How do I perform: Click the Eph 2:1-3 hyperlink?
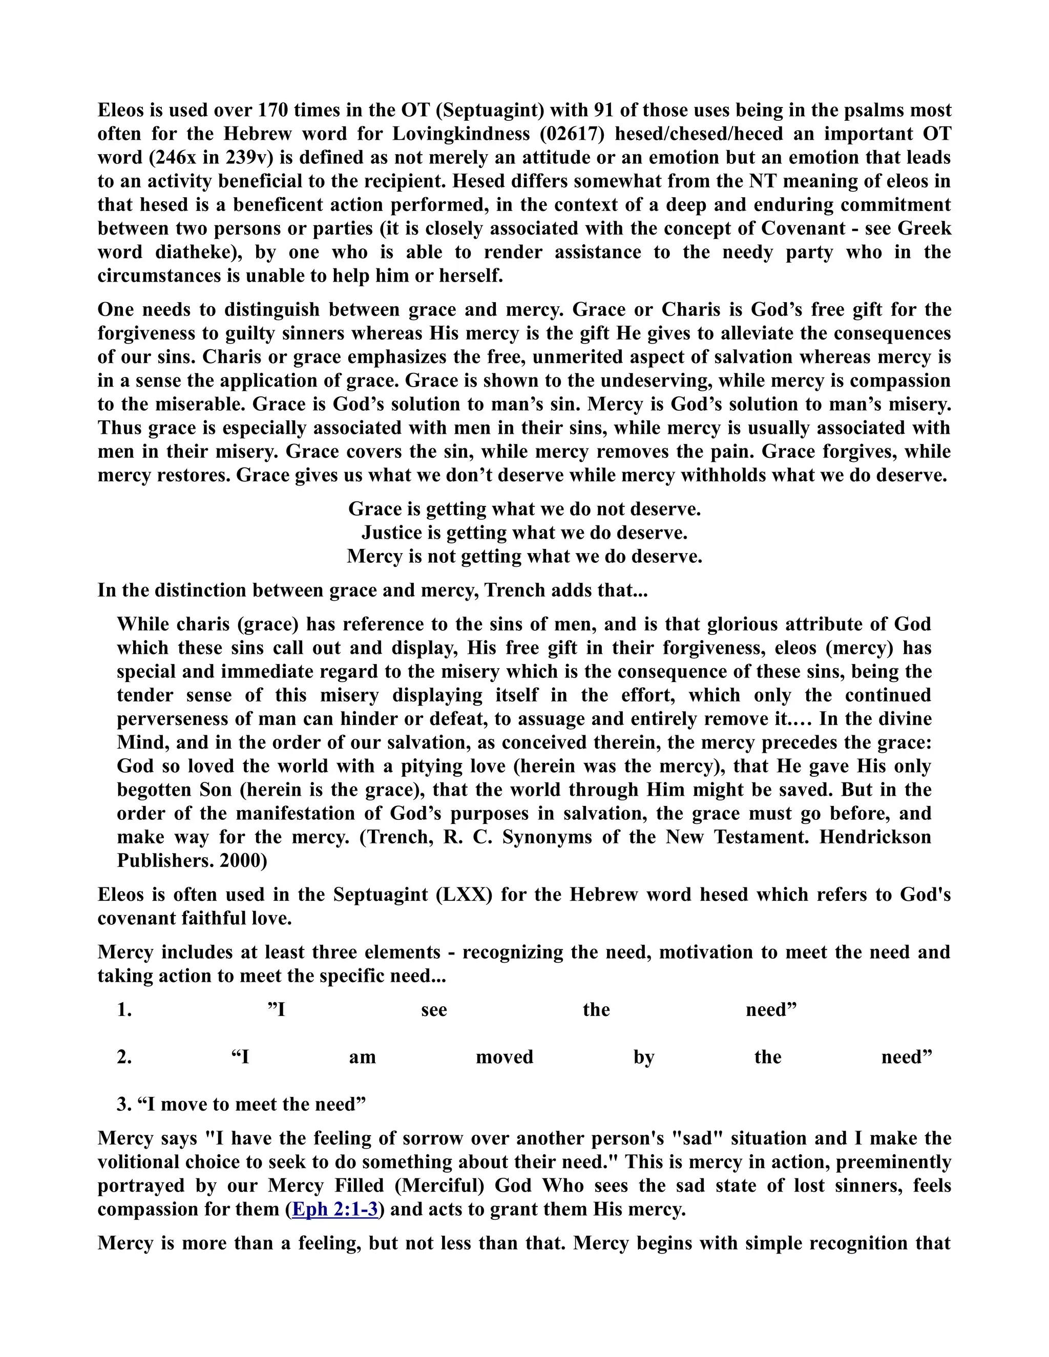[x=335, y=1209]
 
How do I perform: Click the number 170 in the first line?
[x=271, y=110]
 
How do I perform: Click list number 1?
[x=124, y=1010]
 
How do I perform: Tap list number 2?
[x=124, y=1057]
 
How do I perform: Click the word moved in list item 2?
[x=505, y=1057]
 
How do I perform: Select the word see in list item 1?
[x=434, y=1010]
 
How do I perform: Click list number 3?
[x=124, y=1104]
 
